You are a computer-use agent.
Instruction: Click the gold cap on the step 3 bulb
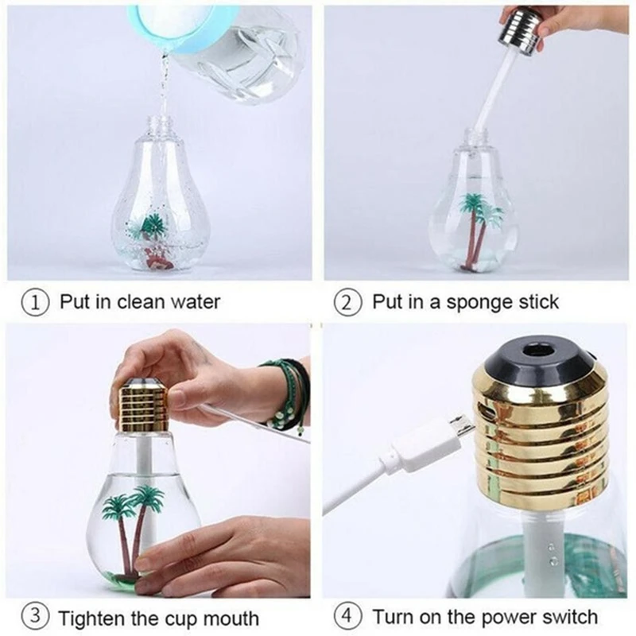[143, 405]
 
